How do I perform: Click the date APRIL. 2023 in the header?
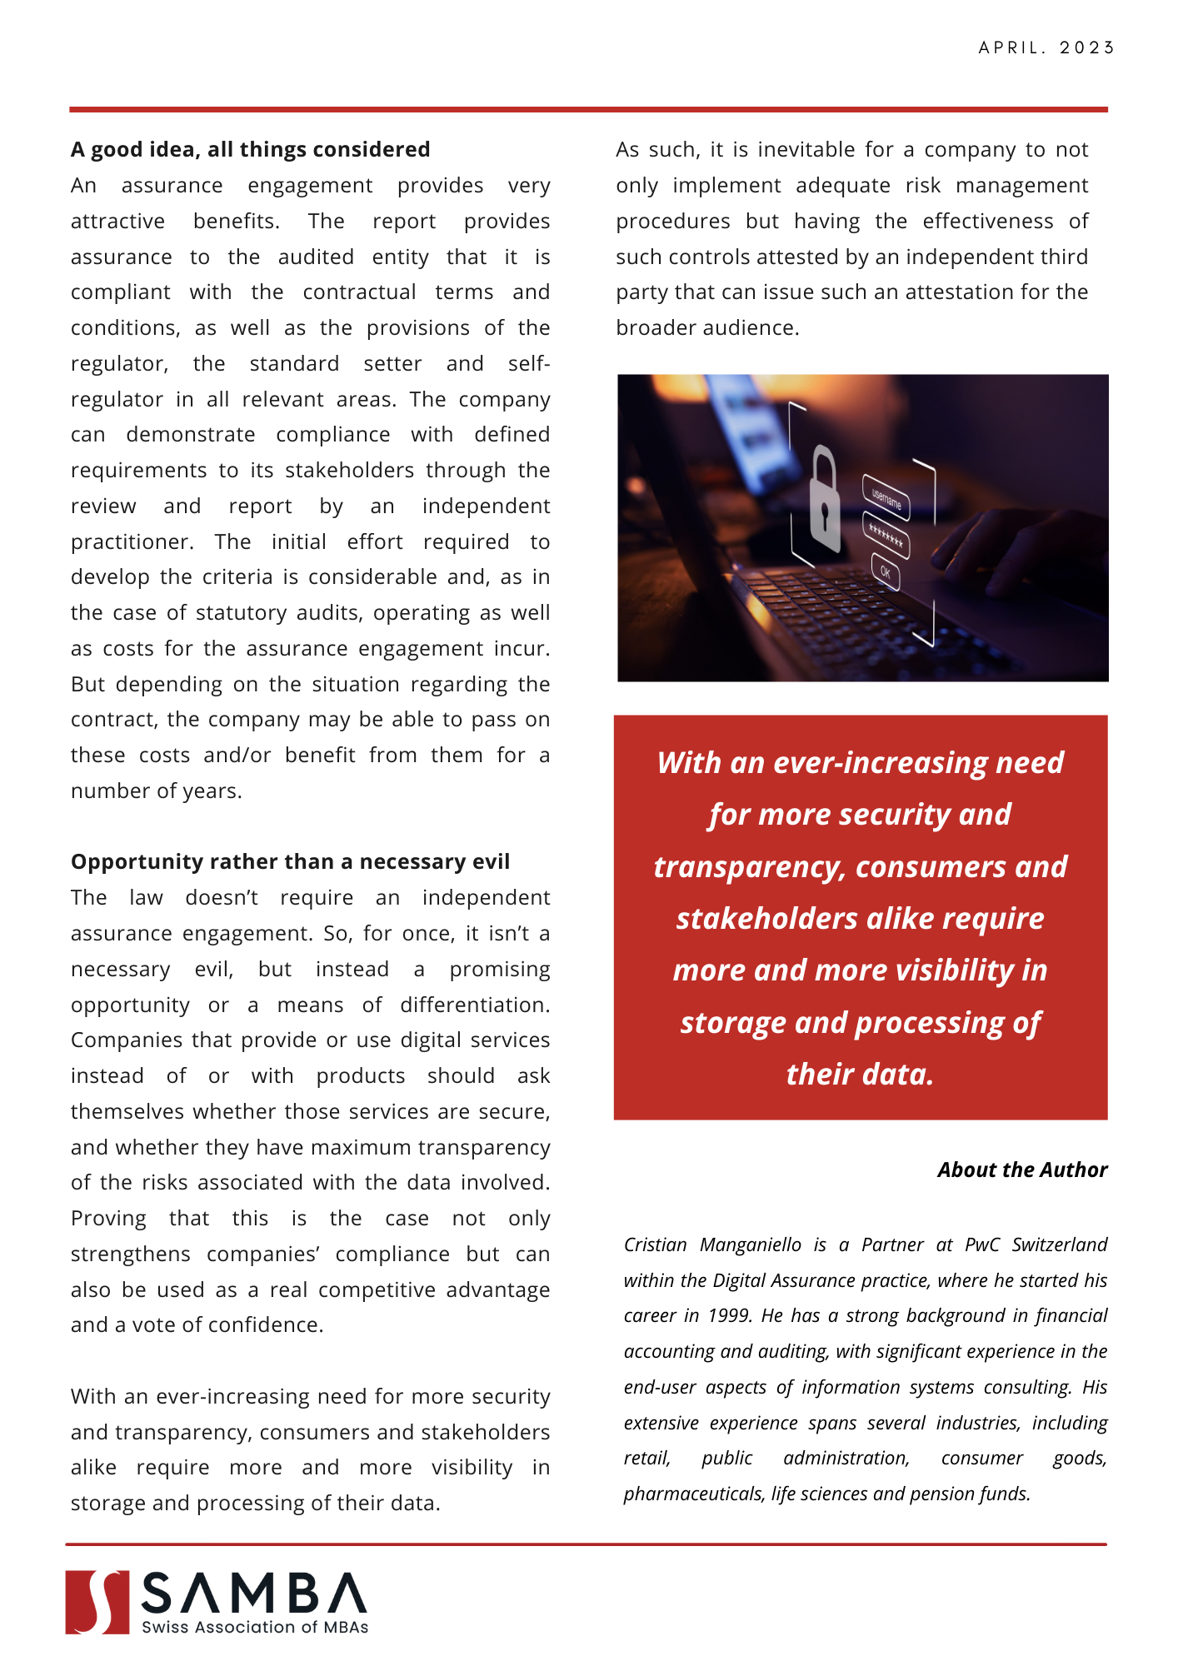[1046, 47]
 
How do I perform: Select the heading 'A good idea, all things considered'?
[250, 149]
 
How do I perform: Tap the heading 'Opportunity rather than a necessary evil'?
[290, 861]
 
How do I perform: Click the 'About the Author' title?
[1022, 1170]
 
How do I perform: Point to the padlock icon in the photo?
[825, 500]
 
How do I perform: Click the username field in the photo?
[886, 498]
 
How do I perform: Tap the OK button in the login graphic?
[885, 572]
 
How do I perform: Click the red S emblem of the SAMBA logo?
[97, 1602]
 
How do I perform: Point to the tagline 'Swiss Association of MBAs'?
[255, 1627]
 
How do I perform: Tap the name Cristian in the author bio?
[656, 1245]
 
